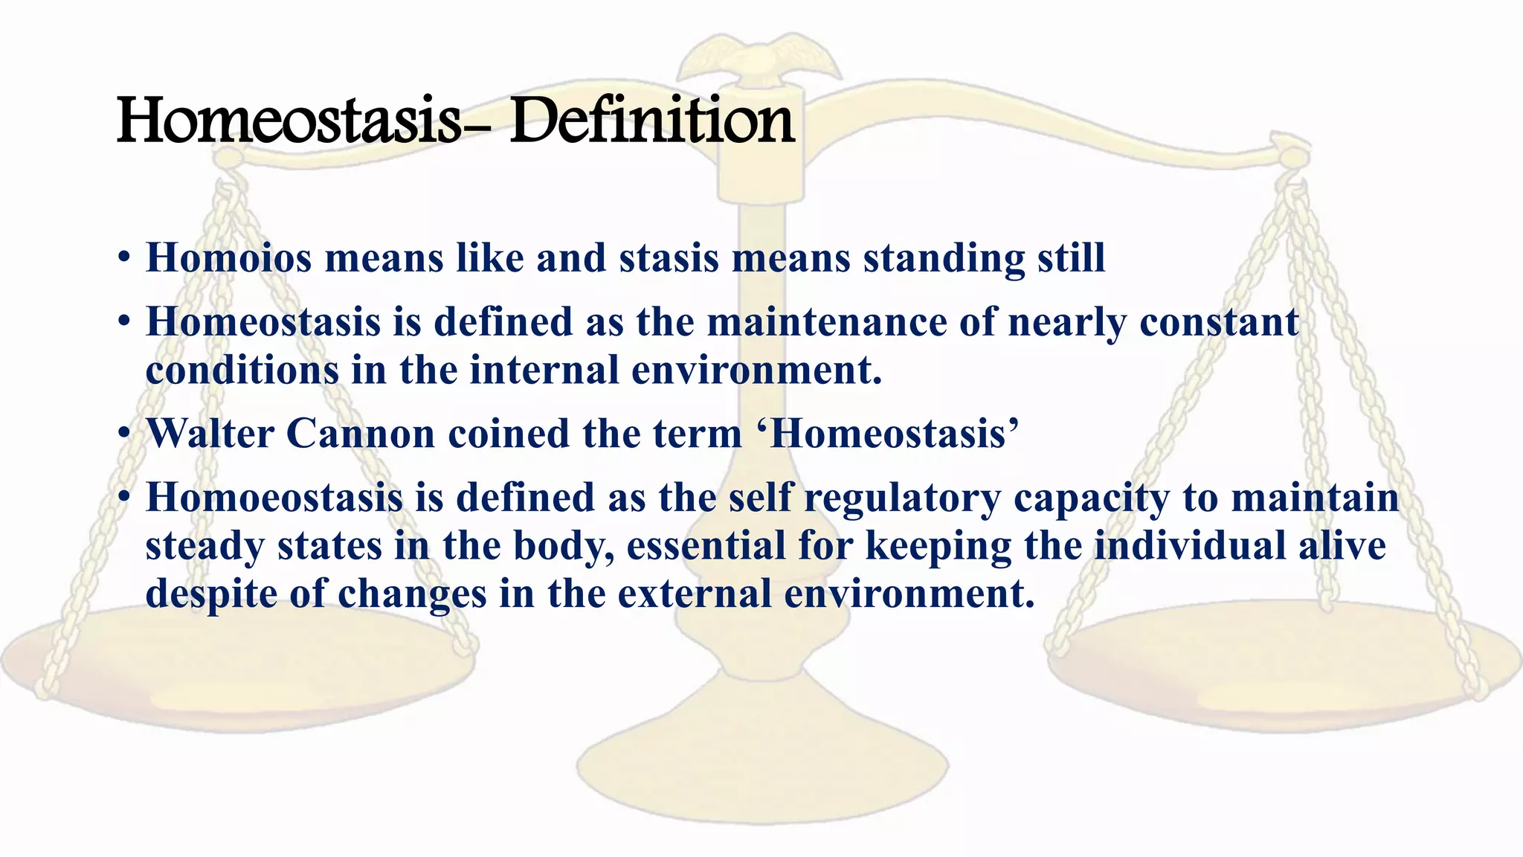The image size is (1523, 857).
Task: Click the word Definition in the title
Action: pyautogui.click(x=651, y=121)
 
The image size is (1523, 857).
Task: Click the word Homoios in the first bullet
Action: pyautogui.click(x=228, y=258)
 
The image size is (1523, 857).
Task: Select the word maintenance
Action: pyautogui.click(x=826, y=322)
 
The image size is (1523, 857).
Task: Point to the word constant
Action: pyautogui.click(x=1219, y=322)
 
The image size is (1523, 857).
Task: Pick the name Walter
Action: pyautogui.click(x=210, y=434)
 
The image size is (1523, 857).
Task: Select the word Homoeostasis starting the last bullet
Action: pyautogui.click(x=274, y=498)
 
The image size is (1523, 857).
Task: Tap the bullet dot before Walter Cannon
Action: pyautogui.click(x=124, y=434)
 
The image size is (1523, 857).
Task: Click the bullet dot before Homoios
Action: pyautogui.click(x=124, y=258)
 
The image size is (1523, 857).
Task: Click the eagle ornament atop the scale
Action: pyautogui.click(x=759, y=56)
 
